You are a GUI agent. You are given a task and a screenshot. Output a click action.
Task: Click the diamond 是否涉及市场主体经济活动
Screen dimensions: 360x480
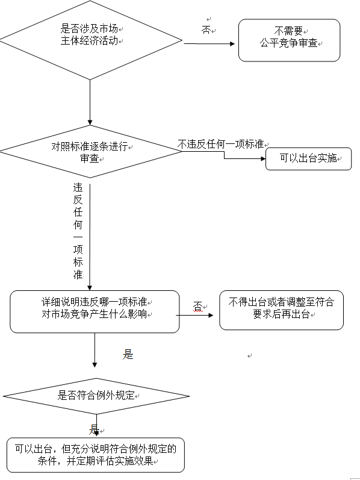(x=91, y=40)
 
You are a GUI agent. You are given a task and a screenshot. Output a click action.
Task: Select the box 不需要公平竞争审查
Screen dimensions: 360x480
(x=290, y=40)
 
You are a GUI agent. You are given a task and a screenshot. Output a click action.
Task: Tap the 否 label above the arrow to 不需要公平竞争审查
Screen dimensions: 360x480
(x=206, y=30)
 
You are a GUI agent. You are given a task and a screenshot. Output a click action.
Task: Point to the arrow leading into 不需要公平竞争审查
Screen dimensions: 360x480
(x=209, y=44)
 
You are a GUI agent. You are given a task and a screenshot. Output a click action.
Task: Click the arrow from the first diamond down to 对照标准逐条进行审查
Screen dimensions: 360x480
(x=90, y=102)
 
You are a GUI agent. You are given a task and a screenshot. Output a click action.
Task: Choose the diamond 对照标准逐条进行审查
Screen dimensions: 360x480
(x=91, y=152)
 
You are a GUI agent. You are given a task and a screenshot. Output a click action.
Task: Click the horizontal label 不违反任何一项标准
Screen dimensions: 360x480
(x=221, y=144)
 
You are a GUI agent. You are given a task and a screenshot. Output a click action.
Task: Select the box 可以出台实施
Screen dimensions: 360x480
(x=309, y=158)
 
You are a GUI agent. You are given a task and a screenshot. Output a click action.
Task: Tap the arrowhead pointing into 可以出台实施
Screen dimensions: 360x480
(x=263, y=158)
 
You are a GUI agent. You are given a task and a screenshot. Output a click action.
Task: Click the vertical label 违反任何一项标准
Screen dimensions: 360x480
(x=78, y=231)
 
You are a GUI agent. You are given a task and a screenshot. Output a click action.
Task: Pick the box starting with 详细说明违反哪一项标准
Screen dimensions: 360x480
(x=95, y=311)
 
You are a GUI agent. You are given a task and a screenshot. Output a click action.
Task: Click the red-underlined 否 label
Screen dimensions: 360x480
(x=197, y=306)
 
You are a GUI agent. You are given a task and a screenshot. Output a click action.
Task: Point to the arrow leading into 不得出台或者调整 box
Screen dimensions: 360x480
(x=194, y=315)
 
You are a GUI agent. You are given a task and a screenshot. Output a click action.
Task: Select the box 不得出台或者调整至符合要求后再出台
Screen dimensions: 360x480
(x=282, y=310)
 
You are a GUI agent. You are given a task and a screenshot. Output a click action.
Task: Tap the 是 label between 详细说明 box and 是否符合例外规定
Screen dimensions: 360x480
(x=128, y=355)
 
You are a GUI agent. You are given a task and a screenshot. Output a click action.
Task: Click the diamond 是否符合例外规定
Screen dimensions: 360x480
(x=96, y=396)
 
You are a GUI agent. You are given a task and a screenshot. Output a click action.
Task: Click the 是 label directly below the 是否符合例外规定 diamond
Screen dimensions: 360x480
(x=94, y=430)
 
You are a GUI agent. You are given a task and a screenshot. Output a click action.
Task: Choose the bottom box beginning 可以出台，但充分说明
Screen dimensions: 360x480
(x=96, y=455)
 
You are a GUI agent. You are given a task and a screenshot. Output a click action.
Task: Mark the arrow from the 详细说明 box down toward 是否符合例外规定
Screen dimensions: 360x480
(x=95, y=350)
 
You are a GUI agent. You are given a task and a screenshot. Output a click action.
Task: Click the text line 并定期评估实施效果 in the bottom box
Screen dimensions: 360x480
(x=110, y=461)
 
